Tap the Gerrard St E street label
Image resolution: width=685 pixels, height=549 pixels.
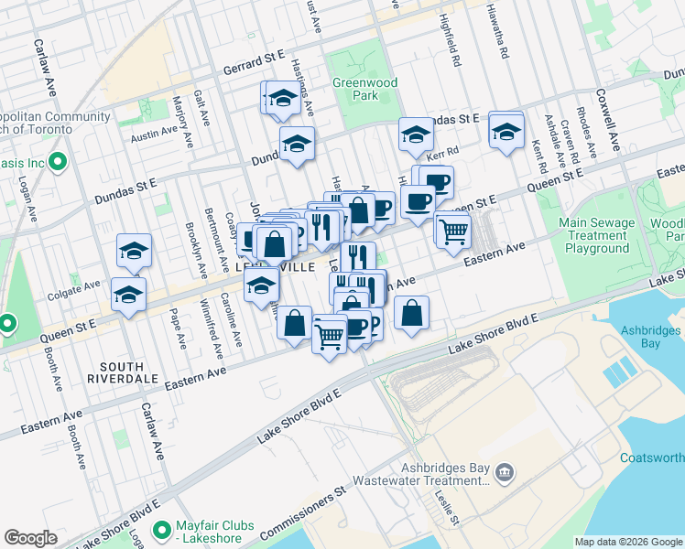254,69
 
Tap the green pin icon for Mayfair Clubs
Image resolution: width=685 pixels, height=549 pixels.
162,530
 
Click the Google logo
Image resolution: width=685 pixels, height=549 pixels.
30,538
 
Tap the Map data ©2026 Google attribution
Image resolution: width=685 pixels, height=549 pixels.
627,542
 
